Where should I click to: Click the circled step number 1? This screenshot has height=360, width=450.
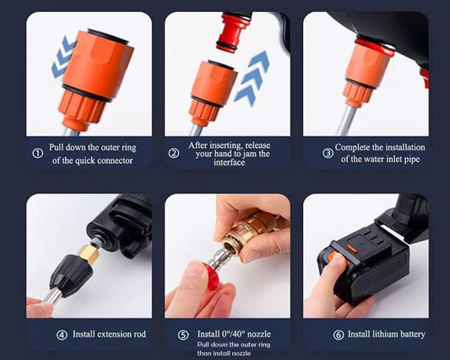point(38,154)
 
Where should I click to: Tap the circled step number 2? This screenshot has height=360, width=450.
point(175,153)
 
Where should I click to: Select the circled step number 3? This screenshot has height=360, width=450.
point(328,153)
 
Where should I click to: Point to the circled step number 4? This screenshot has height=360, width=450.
point(62,335)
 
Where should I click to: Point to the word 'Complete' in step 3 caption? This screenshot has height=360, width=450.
point(355,147)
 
